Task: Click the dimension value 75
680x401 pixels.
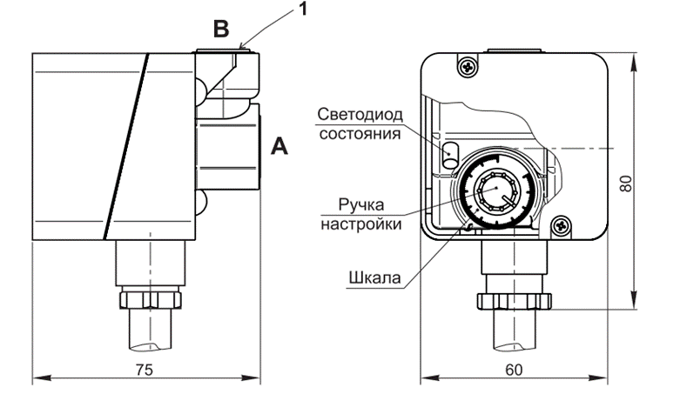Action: point(145,370)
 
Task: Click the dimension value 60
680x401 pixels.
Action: point(514,370)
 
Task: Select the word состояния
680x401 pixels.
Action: point(360,134)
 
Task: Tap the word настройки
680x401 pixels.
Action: point(370,224)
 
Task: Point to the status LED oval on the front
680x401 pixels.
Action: point(451,153)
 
